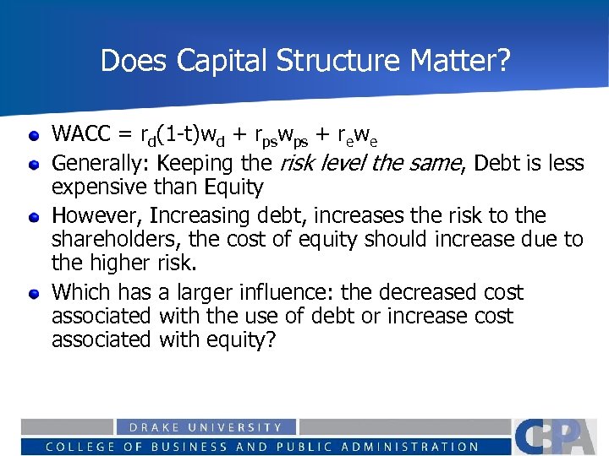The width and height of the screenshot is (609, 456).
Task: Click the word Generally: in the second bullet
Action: tap(101, 162)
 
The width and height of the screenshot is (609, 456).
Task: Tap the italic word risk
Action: tap(295, 162)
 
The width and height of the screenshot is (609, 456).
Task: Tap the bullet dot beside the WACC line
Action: tap(33, 135)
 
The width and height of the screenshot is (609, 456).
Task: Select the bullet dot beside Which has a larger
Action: tap(33, 294)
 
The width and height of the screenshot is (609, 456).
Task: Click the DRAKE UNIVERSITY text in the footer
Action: tap(206, 428)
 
